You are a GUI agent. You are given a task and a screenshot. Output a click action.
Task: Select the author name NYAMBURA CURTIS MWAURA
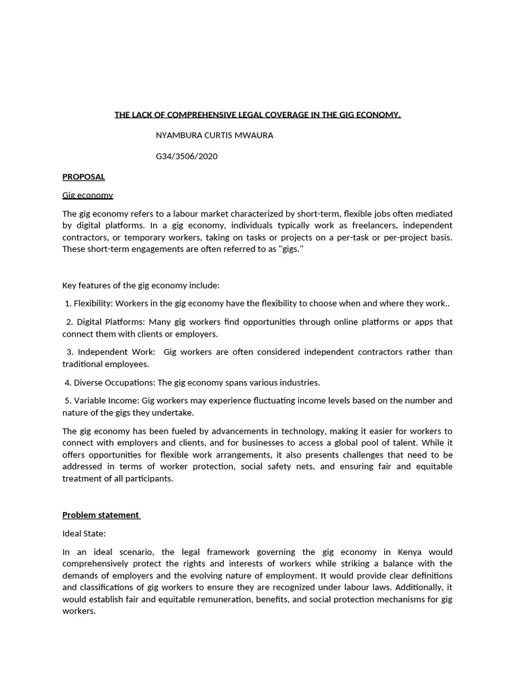click(x=214, y=135)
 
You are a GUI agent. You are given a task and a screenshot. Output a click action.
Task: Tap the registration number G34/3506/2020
click(x=187, y=157)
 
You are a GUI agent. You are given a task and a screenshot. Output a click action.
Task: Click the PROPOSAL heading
click(x=83, y=177)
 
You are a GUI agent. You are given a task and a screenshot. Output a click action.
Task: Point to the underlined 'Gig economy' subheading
click(x=87, y=195)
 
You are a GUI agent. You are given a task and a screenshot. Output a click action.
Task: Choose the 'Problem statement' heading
click(x=101, y=515)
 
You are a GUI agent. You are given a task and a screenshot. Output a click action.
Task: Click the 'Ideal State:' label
click(x=84, y=533)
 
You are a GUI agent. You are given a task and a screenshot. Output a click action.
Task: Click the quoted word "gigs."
click(x=291, y=249)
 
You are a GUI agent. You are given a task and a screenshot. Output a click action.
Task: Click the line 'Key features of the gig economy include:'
click(x=136, y=286)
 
